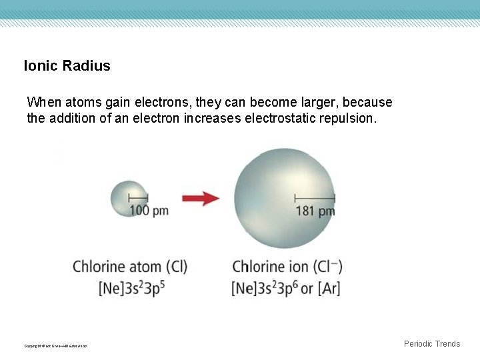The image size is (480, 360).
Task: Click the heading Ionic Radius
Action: tap(67, 66)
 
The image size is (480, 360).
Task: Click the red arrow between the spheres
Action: tap(201, 198)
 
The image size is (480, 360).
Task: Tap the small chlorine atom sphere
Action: tap(128, 198)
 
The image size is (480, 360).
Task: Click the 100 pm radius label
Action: tap(149, 211)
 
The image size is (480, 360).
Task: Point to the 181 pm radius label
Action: tap(315, 211)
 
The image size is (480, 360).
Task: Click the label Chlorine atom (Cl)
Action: tap(130, 267)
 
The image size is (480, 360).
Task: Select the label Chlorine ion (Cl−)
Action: tap(287, 267)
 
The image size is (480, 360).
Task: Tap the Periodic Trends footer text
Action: tap(432, 344)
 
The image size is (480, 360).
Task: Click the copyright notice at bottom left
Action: tap(55, 345)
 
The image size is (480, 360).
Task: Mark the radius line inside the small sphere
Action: tap(138, 197)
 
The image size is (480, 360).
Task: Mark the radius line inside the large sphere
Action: tap(314, 197)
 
